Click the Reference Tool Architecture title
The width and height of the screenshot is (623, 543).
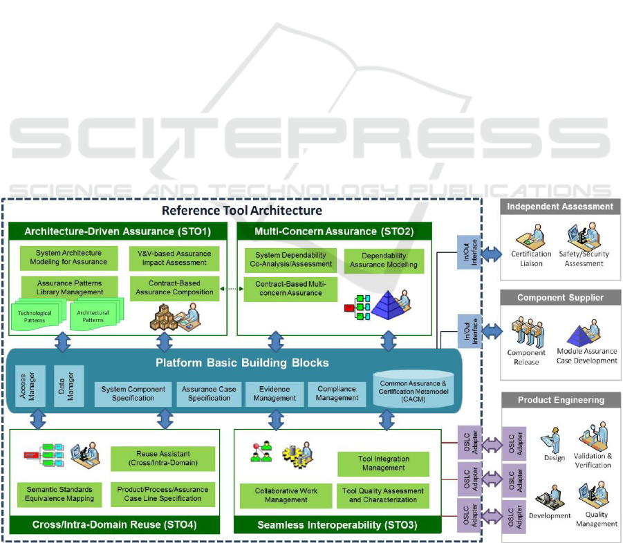241,210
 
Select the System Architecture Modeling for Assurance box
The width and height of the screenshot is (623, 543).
64,257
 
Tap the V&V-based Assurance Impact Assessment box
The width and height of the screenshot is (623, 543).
174,257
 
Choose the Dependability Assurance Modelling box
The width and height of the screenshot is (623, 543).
384,260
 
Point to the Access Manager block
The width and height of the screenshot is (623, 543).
25,385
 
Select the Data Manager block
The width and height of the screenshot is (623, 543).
68,385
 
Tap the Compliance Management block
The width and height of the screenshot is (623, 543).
337,394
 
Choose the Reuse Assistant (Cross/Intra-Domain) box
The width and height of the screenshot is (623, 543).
162,458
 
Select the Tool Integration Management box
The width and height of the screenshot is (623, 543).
383,464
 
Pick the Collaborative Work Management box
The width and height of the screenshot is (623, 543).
286,495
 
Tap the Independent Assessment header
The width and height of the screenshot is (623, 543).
559,207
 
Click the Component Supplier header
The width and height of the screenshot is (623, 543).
559,298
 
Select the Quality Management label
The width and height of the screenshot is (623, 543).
596,519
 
